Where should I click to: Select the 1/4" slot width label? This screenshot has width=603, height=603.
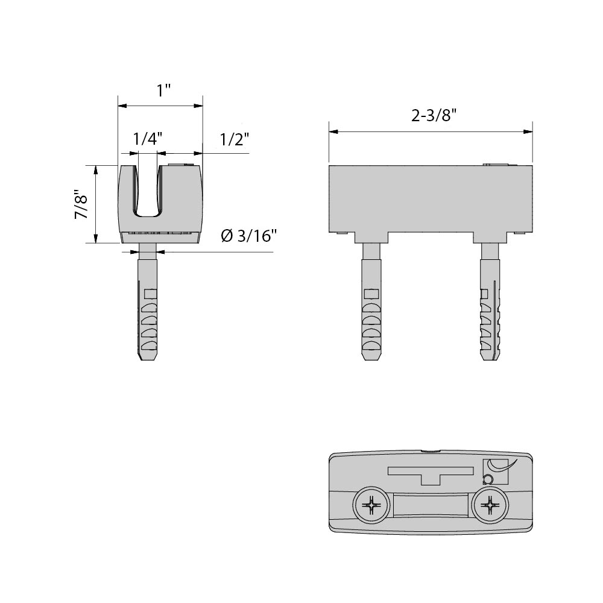click(148, 139)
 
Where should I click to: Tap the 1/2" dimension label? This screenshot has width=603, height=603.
click(235, 139)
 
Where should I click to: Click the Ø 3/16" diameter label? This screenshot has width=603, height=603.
click(249, 236)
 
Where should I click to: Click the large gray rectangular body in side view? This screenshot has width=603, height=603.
click(431, 199)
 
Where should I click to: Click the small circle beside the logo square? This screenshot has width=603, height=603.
click(488, 479)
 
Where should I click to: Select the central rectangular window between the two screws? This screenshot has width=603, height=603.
click(431, 505)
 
